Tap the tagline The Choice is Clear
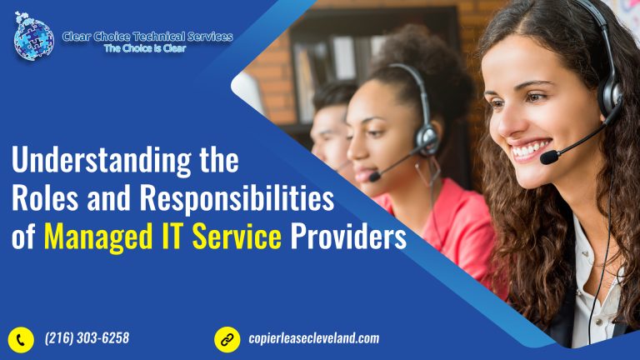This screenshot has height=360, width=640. (145, 48)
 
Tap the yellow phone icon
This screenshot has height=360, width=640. (21, 338)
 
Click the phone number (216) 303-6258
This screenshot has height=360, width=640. (87, 338)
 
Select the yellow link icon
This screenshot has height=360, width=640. (227, 338)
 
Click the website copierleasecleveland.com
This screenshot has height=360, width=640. (313, 338)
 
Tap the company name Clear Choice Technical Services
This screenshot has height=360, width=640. (147, 36)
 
